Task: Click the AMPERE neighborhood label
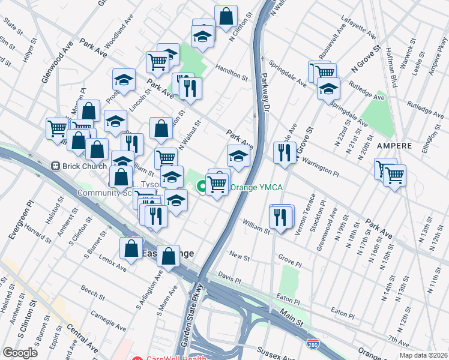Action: pos(394,146)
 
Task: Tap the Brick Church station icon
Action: pos(55,165)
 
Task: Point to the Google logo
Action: pos(20,353)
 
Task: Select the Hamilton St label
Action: pos(231,73)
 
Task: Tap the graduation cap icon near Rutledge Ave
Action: pos(328,90)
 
